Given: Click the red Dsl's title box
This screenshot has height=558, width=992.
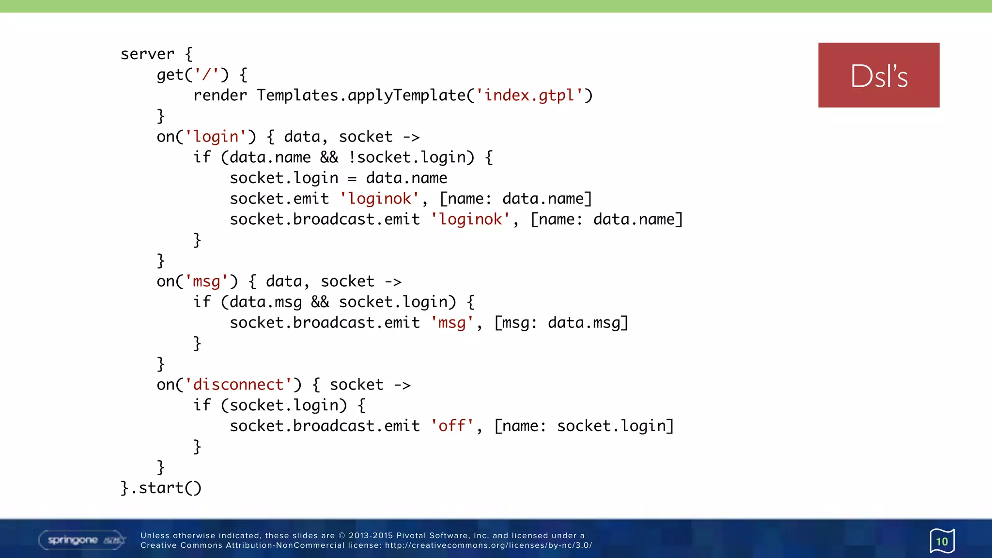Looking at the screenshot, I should (878, 75).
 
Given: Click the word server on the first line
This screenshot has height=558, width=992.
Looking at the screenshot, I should (147, 54).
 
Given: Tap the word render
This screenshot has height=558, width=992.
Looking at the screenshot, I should (220, 95).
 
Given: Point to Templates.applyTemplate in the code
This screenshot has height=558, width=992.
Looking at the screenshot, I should (361, 95).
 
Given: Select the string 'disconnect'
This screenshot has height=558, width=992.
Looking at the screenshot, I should (238, 385).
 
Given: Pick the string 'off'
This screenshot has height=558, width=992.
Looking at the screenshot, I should (452, 426).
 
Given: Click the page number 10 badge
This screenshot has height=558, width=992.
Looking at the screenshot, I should (942, 541).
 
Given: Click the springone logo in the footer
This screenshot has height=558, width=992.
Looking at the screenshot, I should (82, 540).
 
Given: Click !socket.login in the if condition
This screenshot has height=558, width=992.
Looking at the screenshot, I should (411, 157).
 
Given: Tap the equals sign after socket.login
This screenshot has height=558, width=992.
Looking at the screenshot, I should (352, 178).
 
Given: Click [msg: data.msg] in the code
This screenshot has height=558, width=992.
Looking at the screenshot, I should (561, 323).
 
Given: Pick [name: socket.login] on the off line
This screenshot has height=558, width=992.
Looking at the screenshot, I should (584, 426).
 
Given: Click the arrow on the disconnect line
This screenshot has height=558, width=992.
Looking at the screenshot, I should (402, 385).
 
